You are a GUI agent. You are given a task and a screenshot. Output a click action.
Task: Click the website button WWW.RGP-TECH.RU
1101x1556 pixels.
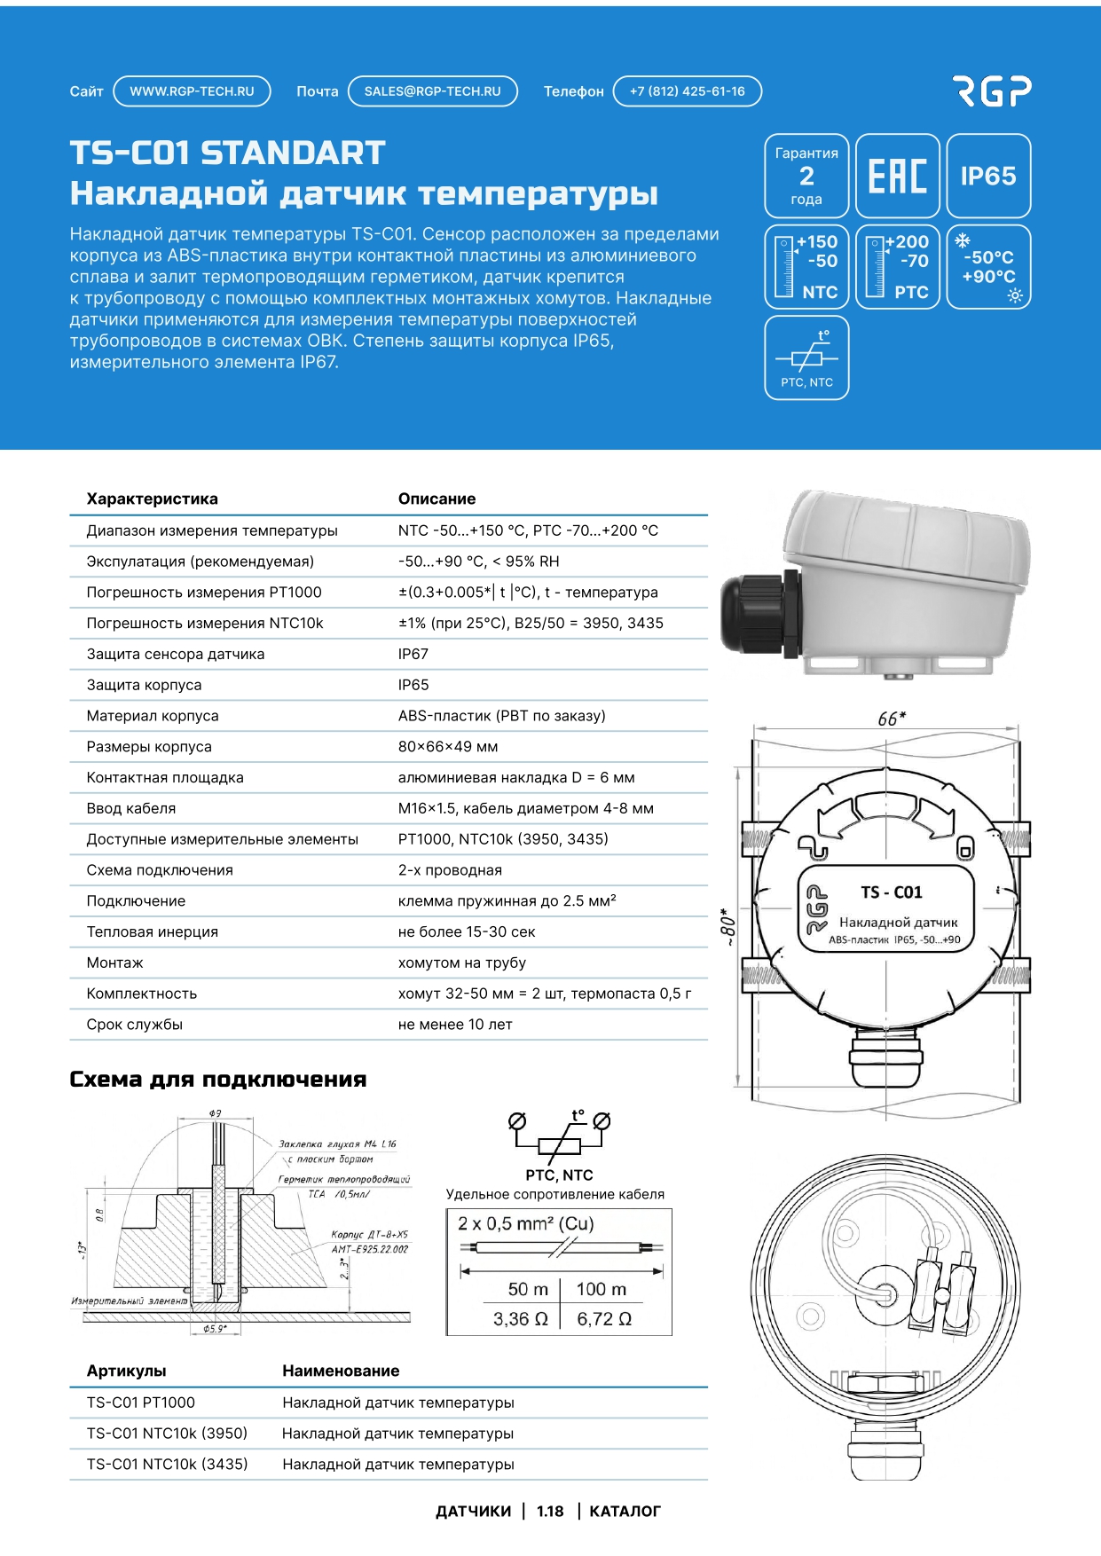[192, 91]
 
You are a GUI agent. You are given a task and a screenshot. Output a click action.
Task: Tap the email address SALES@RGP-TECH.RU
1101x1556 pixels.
[432, 91]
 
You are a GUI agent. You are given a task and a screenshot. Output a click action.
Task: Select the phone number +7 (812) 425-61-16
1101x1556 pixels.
[687, 91]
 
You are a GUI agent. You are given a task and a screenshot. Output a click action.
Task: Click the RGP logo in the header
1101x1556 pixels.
[992, 90]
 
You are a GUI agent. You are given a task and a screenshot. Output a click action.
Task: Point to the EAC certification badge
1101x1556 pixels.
[897, 176]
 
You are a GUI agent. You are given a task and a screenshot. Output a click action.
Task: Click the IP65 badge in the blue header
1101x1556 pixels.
[988, 176]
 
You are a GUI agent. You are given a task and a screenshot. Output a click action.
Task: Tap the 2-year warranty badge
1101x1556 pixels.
[806, 176]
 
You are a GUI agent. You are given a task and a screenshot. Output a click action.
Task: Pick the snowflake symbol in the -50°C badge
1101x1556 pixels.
[963, 240]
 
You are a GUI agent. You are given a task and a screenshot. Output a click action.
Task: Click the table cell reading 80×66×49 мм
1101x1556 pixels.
[448, 747]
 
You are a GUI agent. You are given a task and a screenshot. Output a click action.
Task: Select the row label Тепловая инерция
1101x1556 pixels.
[153, 932]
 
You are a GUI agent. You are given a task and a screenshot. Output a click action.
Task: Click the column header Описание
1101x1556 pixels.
[436, 499]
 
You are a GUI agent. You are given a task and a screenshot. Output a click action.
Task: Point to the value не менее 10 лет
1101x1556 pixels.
[455, 1025]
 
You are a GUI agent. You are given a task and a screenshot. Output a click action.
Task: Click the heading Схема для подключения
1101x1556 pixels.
[217, 1080]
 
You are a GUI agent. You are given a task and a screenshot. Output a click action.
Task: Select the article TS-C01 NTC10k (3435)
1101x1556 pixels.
[167, 1465]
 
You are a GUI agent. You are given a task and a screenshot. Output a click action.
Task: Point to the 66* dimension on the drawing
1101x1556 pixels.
[891, 719]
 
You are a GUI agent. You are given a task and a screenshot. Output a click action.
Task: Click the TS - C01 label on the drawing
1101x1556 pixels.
[892, 892]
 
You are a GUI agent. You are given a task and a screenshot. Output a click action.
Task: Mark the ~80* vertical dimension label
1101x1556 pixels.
[727, 927]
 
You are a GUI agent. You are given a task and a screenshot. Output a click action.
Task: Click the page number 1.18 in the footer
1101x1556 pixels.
[550, 1512]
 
